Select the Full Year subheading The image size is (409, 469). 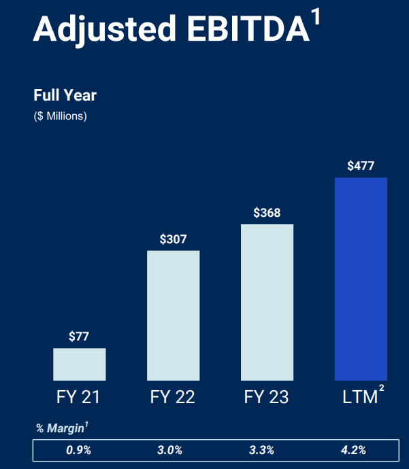(65, 95)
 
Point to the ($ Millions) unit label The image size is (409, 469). (60, 116)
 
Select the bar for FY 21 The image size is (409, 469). (80, 364)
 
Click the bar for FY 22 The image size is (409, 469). (174, 315)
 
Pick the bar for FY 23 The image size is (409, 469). (267, 302)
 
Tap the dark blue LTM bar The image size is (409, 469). (361, 279)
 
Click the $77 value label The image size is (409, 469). (80, 336)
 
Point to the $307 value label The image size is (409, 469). (174, 239)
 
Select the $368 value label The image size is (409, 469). (267, 213)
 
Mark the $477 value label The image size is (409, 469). (361, 166)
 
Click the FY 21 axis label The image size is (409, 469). (79, 397)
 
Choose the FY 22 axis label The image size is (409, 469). (173, 397)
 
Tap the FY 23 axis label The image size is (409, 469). (267, 397)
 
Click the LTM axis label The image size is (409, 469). (359, 397)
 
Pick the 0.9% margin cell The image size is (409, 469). (80, 450)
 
